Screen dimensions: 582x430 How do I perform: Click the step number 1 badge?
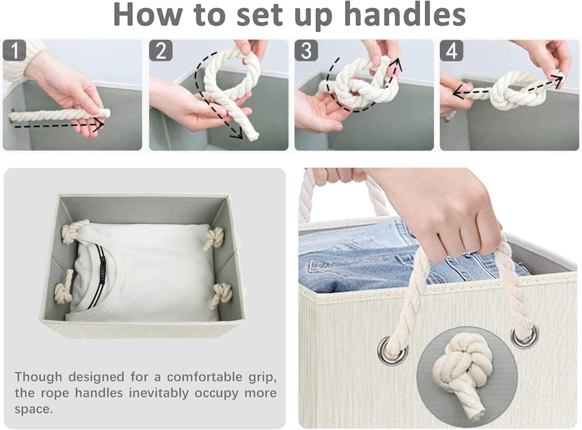pyautogui.click(x=14, y=50)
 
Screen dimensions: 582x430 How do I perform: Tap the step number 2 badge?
pyautogui.click(x=161, y=50)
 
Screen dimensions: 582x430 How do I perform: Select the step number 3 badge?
pyautogui.click(x=306, y=50)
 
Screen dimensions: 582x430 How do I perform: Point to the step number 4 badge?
pyautogui.click(x=452, y=50)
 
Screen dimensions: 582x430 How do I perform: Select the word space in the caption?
pyautogui.click(x=33, y=409)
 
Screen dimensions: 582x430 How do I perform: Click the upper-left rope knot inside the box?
pyautogui.click(x=71, y=232)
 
